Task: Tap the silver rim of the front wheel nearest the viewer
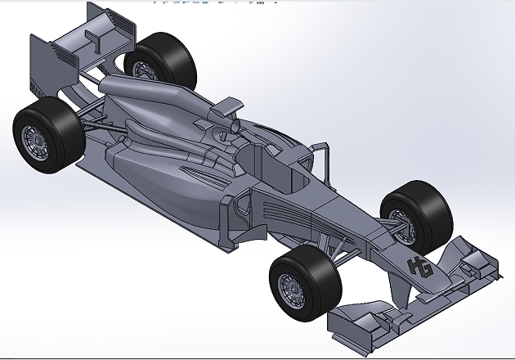(290, 287)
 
